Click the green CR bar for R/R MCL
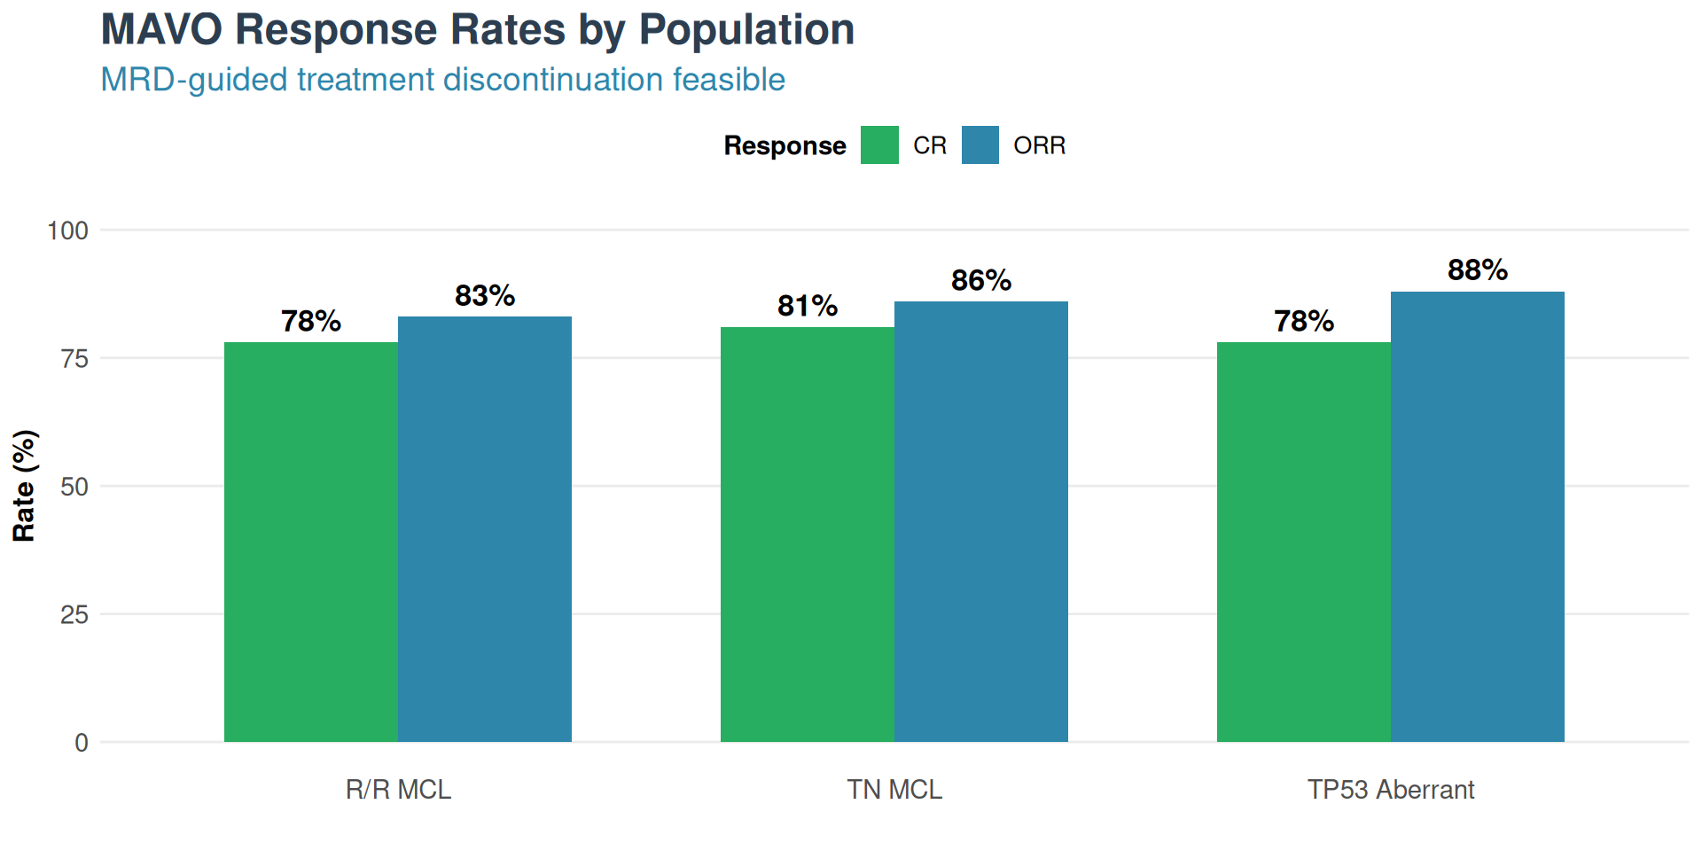(311, 542)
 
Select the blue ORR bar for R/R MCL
(485, 529)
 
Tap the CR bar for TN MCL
(808, 535)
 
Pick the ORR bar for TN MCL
(981, 521)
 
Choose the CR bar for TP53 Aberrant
(1304, 542)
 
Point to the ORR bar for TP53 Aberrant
(1478, 517)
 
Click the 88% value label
(1478, 269)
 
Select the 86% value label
(981, 280)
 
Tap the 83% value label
(485, 295)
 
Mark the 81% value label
(808, 306)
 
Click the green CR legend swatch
(879, 145)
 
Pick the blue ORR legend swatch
(980, 145)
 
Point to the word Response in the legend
(785, 145)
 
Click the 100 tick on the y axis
(68, 230)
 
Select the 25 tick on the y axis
(74, 614)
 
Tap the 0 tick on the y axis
(82, 743)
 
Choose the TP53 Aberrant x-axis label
(1391, 789)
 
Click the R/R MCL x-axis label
(398, 789)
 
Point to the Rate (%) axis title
(24, 486)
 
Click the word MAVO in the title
(161, 30)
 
